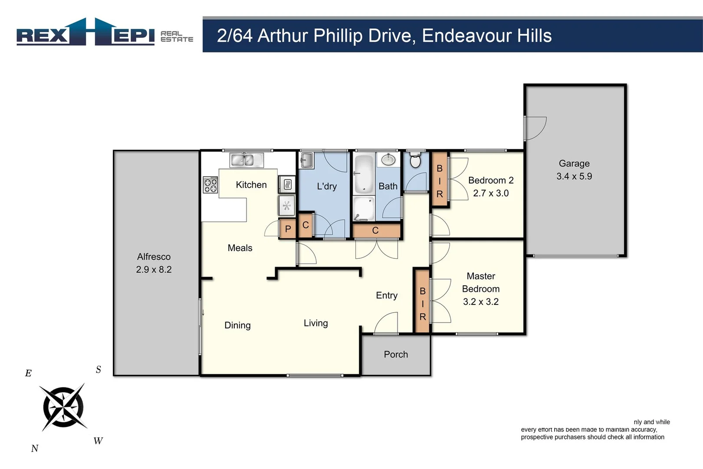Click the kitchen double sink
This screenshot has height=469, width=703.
tap(246, 160)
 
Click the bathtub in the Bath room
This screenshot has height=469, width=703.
tap(364, 174)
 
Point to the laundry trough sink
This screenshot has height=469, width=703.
tap(307, 160)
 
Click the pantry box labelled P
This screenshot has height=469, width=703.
tap(287, 229)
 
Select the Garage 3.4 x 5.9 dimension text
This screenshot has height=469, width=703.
tap(574, 176)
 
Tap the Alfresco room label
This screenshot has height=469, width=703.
tap(154, 257)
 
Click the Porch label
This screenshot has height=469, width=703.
tap(396, 354)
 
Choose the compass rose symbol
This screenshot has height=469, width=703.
tap(63, 407)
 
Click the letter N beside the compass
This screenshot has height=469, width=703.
tap(35, 449)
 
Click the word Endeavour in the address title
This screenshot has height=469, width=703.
tap(460, 36)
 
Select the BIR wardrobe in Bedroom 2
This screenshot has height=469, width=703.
tap(440, 180)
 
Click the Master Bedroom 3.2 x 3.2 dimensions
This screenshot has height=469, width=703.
tap(481, 302)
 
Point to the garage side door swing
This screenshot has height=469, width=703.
tap(535, 128)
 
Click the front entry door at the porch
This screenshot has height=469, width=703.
tap(386, 324)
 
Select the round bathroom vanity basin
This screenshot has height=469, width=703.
tap(388, 160)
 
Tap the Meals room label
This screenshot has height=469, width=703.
tap(240, 248)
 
